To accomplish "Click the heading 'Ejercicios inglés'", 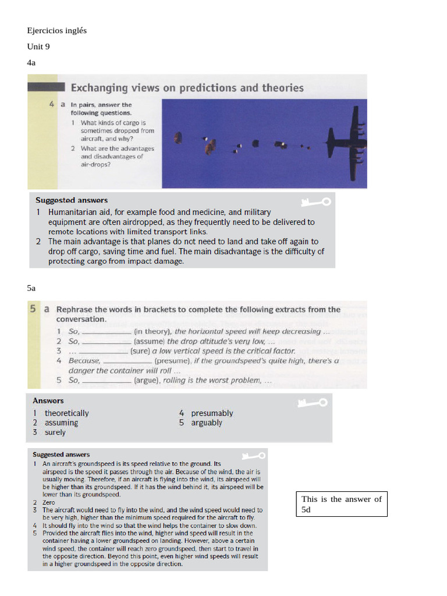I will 56,30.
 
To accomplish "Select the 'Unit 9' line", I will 38,47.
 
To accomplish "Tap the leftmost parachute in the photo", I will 178,138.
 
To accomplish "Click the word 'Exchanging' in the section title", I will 99,88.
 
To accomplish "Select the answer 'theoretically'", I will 66,413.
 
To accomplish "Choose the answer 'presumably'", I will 212,413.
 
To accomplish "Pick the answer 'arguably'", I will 207,423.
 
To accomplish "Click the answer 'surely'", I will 55,432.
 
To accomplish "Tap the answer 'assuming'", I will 61,423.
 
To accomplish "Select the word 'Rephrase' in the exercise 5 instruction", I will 74,310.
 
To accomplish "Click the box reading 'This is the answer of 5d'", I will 342,504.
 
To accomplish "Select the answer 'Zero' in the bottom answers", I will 49,502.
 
